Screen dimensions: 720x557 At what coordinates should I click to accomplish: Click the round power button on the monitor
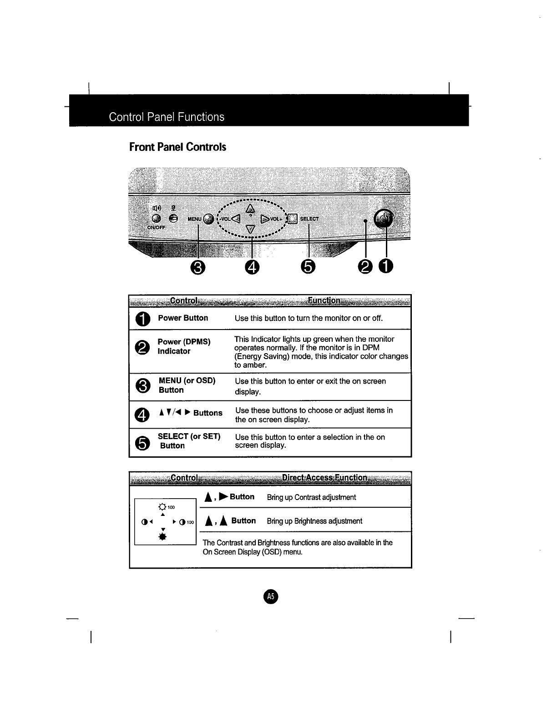coord(384,219)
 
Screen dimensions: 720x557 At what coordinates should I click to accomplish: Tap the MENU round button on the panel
coord(208,219)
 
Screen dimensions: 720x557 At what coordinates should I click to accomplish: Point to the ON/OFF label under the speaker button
coord(156,227)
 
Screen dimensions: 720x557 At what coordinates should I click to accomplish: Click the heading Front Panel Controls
coord(177,147)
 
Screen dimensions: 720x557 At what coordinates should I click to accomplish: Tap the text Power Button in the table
coord(183,318)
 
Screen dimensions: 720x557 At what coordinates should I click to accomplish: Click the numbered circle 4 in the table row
coord(142,414)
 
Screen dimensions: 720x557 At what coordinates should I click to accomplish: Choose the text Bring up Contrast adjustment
coord(311,497)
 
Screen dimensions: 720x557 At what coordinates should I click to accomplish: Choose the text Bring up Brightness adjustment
coord(314,521)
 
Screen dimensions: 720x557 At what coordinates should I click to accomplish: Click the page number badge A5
coord(270,596)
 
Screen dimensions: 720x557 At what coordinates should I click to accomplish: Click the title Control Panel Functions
coord(167,117)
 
